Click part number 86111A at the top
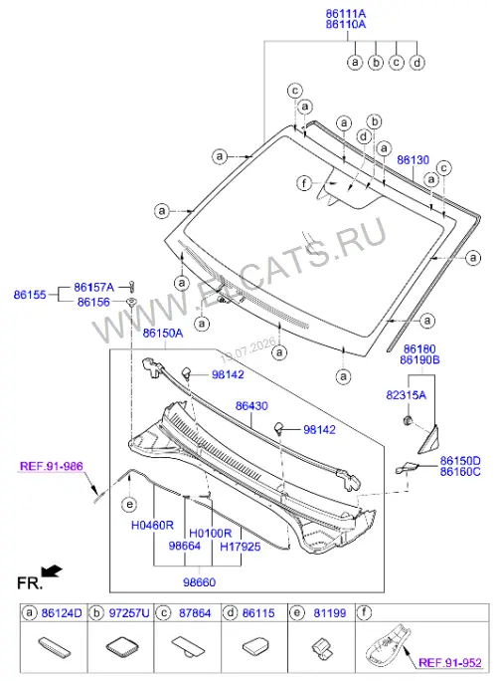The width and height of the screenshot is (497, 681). tap(346, 14)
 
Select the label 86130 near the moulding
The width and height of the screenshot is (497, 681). tap(413, 160)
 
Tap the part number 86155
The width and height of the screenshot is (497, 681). tap(30, 295)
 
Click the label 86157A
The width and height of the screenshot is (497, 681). tap(93, 287)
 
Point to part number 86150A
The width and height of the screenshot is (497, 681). tap(163, 334)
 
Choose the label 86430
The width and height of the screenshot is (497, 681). tap(251, 406)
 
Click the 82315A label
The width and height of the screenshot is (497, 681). tap(406, 395)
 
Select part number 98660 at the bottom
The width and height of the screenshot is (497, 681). tap(199, 582)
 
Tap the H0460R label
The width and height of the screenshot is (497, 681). tap(152, 525)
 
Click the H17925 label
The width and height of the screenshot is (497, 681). tap(241, 547)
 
